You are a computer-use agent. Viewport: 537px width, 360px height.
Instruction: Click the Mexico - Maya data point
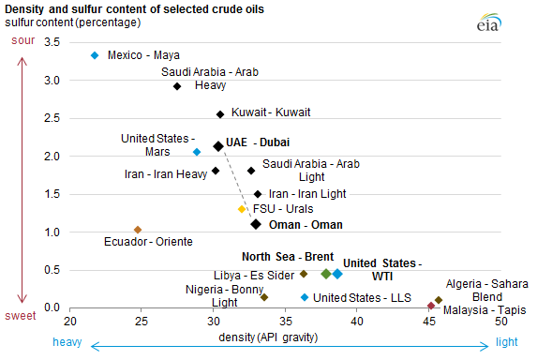pyautogui.click(x=95, y=55)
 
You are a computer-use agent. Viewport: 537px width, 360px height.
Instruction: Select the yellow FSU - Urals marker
pyautogui.click(x=242, y=209)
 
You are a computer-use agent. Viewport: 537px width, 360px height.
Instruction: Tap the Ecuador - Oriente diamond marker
pyautogui.click(x=138, y=230)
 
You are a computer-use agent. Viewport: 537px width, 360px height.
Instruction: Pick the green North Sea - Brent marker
pyautogui.click(x=326, y=274)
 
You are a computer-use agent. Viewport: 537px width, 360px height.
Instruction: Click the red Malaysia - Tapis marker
pyautogui.click(x=431, y=306)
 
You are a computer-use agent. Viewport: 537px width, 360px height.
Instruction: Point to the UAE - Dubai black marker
pyautogui.click(x=218, y=146)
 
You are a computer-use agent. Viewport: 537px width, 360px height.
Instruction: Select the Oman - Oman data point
pyautogui.click(x=255, y=224)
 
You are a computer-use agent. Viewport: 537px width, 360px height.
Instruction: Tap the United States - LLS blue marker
pyautogui.click(x=305, y=297)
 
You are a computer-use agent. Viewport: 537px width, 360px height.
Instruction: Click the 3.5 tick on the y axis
pyautogui.click(x=52, y=42)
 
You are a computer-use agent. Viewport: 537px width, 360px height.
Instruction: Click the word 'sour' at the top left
pyautogui.click(x=22, y=41)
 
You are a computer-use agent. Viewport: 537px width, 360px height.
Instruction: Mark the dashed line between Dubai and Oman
pyautogui.click(x=236, y=185)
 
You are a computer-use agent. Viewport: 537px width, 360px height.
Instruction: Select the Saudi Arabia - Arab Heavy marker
pyautogui.click(x=177, y=86)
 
